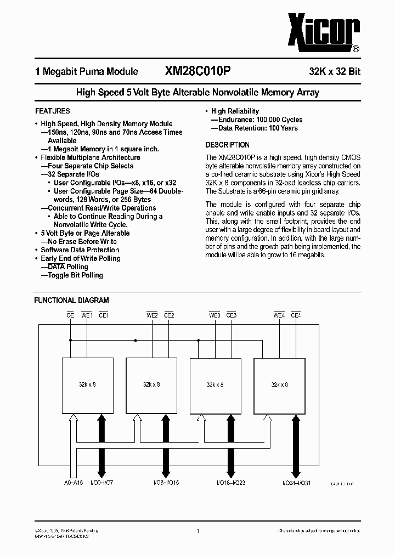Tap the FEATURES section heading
[52, 111]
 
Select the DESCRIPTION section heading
[227, 145]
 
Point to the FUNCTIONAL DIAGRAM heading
[71, 301]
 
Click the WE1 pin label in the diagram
[87, 315]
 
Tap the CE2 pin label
[169, 315]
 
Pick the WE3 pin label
[215, 315]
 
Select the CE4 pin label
[296, 315]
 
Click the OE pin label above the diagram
[70, 315]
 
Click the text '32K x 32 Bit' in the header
[334, 72]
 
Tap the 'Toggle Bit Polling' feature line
[75, 275]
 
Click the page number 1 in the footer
[198, 531]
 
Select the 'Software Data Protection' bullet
[80, 250]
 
